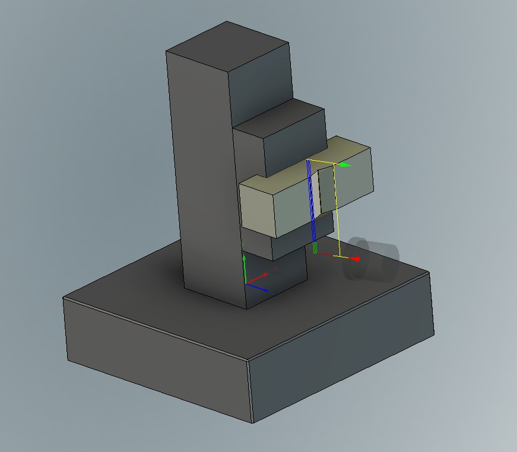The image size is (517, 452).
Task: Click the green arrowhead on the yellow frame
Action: coord(346,164)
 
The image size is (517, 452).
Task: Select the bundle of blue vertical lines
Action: coord(310,202)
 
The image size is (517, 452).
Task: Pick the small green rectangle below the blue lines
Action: coord(315,248)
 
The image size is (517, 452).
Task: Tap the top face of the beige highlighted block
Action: coord(297,169)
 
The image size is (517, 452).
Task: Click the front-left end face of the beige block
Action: coord(258,208)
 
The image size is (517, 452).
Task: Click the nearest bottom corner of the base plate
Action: coord(253,422)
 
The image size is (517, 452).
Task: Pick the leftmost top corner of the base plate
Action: coord(64,298)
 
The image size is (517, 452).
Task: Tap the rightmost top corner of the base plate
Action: coord(429,273)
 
